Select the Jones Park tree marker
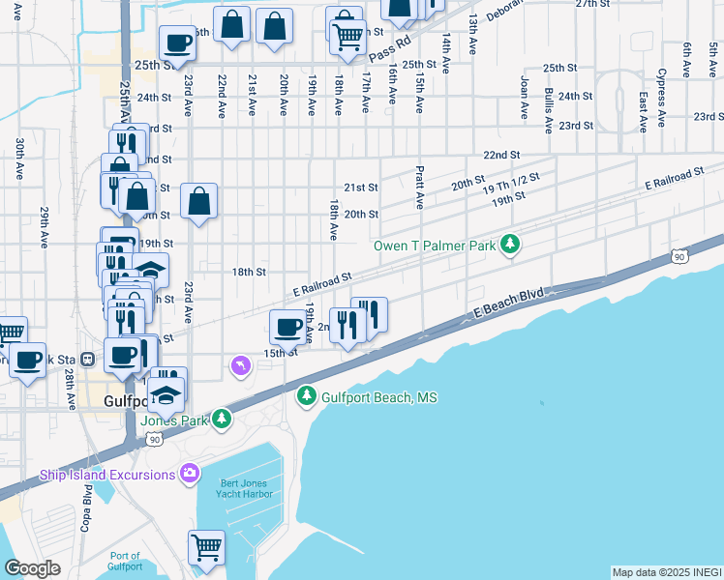point(223,419)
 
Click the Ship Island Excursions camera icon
point(190,474)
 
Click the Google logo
point(32,568)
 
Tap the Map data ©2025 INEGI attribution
point(667,572)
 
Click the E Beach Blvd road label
point(508,302)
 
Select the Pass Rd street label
point(389,46)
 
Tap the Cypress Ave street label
point(662,87)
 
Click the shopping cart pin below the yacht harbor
point(207,548)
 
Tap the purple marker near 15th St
point(240,365)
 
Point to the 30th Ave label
point(19,159)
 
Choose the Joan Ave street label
point(525,98)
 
